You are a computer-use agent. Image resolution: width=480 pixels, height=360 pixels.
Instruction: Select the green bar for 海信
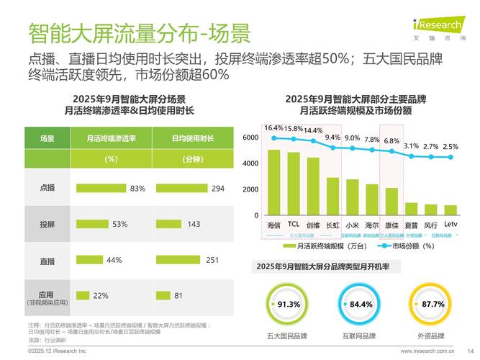pos(273,182)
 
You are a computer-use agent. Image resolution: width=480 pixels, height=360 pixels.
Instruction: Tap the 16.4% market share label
pos(273,128)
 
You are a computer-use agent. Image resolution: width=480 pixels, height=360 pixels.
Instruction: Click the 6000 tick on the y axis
pos(250,138)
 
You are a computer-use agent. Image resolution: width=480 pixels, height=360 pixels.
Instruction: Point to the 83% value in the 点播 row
pos(137,189)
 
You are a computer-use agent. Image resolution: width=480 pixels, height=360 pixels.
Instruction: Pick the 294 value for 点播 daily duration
pos(218,189)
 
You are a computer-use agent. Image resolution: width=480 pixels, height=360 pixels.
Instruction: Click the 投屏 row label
pos(47,225)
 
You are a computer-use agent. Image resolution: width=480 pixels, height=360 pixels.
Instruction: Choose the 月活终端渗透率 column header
pos(111,138)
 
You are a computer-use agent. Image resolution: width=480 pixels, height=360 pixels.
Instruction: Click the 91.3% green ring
pos(289,305)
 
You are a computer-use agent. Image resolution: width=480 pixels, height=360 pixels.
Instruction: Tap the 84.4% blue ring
pos(361,305)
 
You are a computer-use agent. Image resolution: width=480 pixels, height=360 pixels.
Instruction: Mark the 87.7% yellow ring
pos(433,305)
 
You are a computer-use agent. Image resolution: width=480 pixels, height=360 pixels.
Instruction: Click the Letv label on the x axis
pos(450,225)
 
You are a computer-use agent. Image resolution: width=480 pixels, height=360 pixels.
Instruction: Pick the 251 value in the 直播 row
pos(212,260)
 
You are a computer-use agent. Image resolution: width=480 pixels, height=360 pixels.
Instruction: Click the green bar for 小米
pos(352,197)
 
